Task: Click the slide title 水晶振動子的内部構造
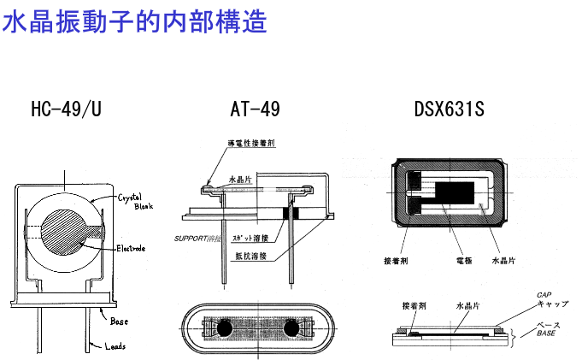(136, 21)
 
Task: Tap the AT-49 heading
(255, 109)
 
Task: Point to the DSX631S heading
(448, 109)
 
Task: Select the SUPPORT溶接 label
(197, 238)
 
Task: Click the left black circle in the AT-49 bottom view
(226, 329)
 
